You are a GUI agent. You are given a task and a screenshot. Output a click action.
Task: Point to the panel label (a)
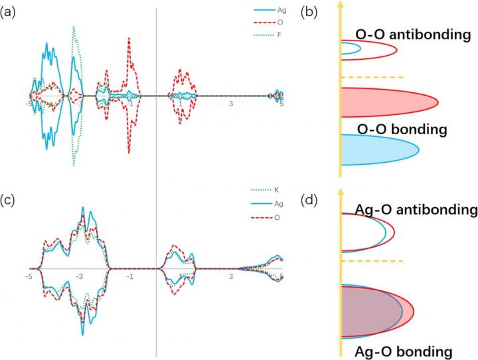[9, 11]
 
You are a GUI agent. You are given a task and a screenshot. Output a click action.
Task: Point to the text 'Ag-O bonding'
[404, 349]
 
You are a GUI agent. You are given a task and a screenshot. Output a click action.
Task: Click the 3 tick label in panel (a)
[230, 105]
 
